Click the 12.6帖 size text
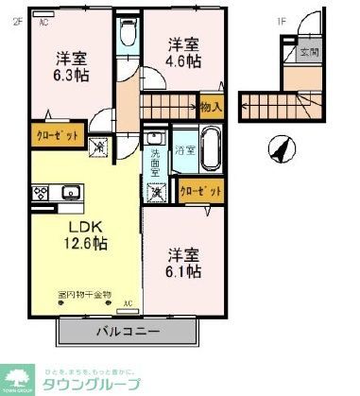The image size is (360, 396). tap(84, 244)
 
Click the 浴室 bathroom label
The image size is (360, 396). tap(184, 150)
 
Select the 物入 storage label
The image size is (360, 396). tap(212, 108)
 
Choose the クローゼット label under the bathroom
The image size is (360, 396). tap(203, 191)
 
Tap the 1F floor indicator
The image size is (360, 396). tap(281, 21)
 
